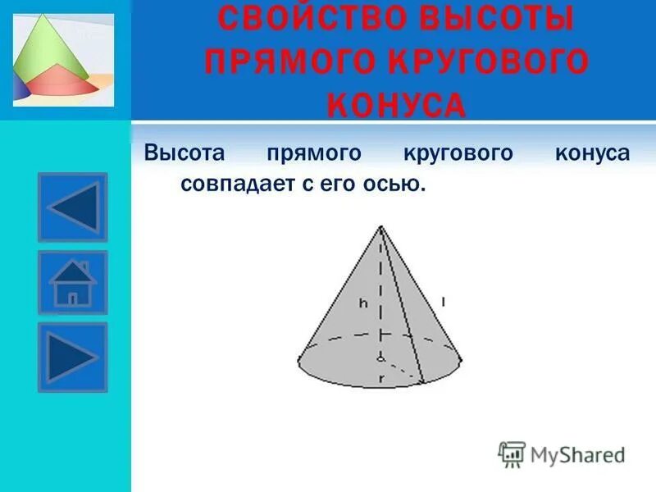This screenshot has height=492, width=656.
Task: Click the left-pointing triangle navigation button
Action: pos(73,207)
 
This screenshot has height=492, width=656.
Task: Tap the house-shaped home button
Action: pos(73,282)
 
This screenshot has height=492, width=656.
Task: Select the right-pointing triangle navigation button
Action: pos(73,358)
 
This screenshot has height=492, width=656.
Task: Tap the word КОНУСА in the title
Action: pos(397,105)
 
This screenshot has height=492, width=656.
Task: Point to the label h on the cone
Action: pos(362,303)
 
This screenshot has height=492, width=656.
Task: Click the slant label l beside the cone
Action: pos(443,302)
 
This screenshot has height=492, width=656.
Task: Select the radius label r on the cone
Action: pos(381,379)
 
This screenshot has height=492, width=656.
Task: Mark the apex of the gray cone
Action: pos(380,226)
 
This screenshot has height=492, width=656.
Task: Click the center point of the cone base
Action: pos(380,358)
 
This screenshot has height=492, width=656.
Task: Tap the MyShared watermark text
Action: pos(577,453)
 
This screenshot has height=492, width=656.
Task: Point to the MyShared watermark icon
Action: pos(512,453)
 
